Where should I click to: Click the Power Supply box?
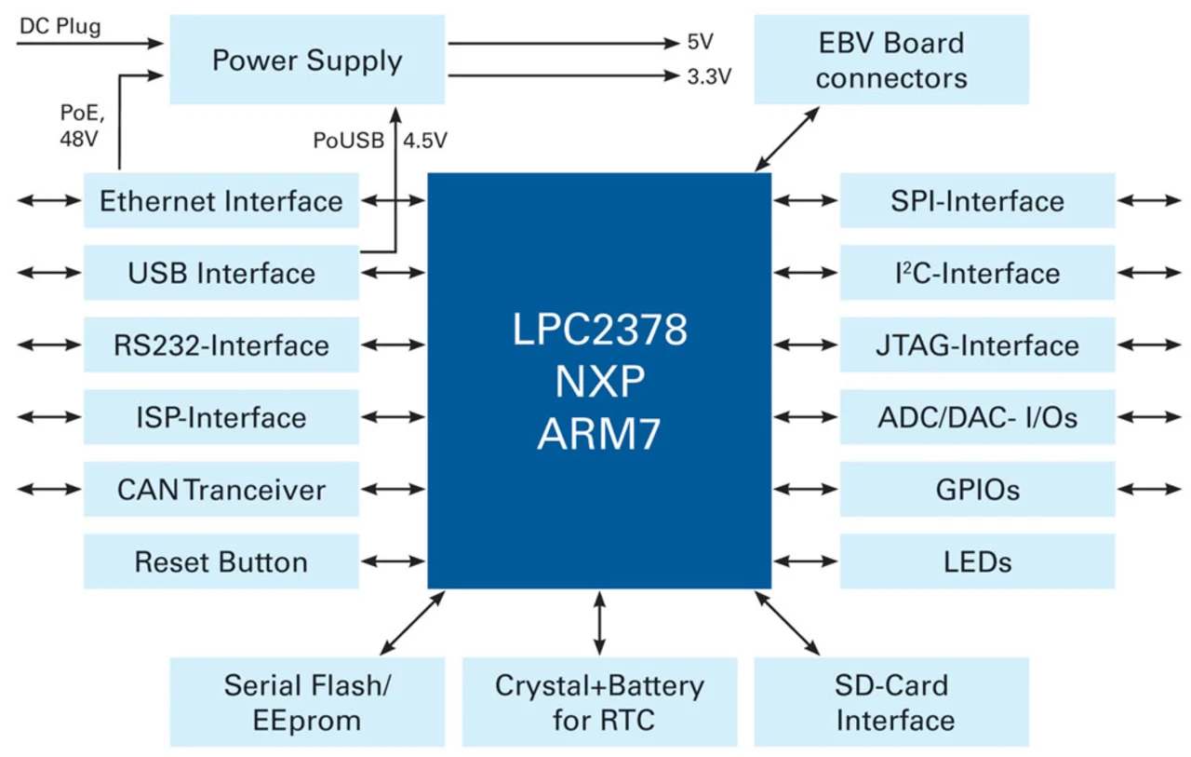coord(307,61)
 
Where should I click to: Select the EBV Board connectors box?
coord(890,60)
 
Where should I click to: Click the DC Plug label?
coord(60,26)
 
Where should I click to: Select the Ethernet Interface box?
coord(221,201)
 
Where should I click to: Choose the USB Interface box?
coord(221,274)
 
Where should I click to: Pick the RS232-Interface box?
coord(221,345)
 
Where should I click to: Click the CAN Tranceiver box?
coord(221,490)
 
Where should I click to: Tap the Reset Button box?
coord(221,562)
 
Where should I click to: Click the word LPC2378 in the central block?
coord(599,331)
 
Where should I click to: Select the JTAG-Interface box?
coord(977,345)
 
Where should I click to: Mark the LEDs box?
coord(977,562)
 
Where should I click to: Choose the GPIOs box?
coord(977,490)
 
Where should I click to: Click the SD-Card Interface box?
coord(890,702)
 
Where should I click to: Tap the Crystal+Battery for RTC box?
coord(599,702)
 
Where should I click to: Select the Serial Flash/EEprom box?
coord(307,702)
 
